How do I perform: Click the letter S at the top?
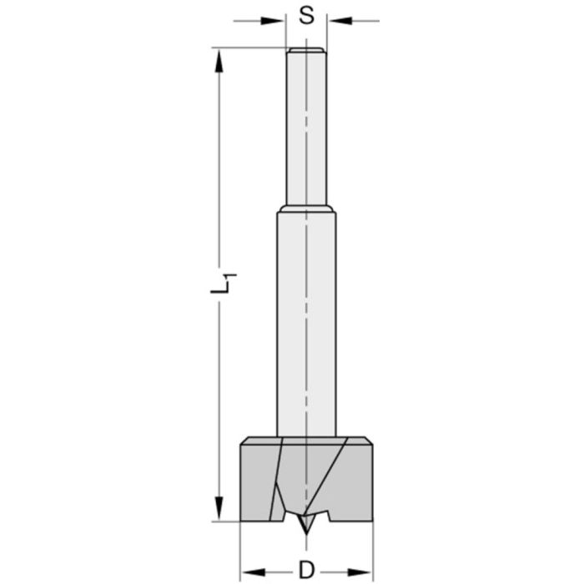306,17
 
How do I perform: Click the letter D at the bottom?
305,571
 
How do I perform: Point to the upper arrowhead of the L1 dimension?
219,59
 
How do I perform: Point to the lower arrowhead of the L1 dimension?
219,510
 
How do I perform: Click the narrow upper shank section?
306,125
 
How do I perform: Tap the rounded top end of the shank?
306,51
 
